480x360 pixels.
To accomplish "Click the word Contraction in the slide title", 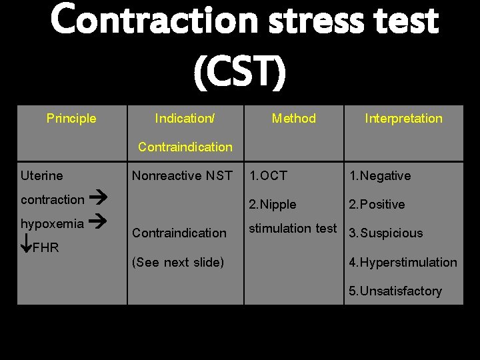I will (153, 20).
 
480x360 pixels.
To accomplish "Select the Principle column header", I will (71, 119).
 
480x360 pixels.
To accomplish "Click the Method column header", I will (293, 119).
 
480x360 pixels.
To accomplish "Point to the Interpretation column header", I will (403, 119).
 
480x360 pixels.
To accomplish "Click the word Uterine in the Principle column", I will (42, 176).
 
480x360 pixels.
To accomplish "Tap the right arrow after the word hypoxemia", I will (99, 223).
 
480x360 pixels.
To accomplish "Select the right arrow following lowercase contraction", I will (99, 199).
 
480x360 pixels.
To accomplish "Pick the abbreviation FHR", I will (46, 248).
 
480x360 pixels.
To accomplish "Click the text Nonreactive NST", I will (182, 176).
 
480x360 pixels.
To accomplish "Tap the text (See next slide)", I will (178, 263).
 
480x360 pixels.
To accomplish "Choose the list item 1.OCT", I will (268, 176).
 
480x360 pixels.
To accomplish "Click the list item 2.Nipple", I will (273, 205).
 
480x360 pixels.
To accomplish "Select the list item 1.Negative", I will (381, 176).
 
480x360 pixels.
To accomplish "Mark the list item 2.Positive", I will (377, 205).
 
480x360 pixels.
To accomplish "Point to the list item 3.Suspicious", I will (386, 233).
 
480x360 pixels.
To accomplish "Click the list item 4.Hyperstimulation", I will (403, 263).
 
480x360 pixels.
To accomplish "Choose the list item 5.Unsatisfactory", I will (396, 291).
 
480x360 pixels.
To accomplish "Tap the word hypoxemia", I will (52, 223).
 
